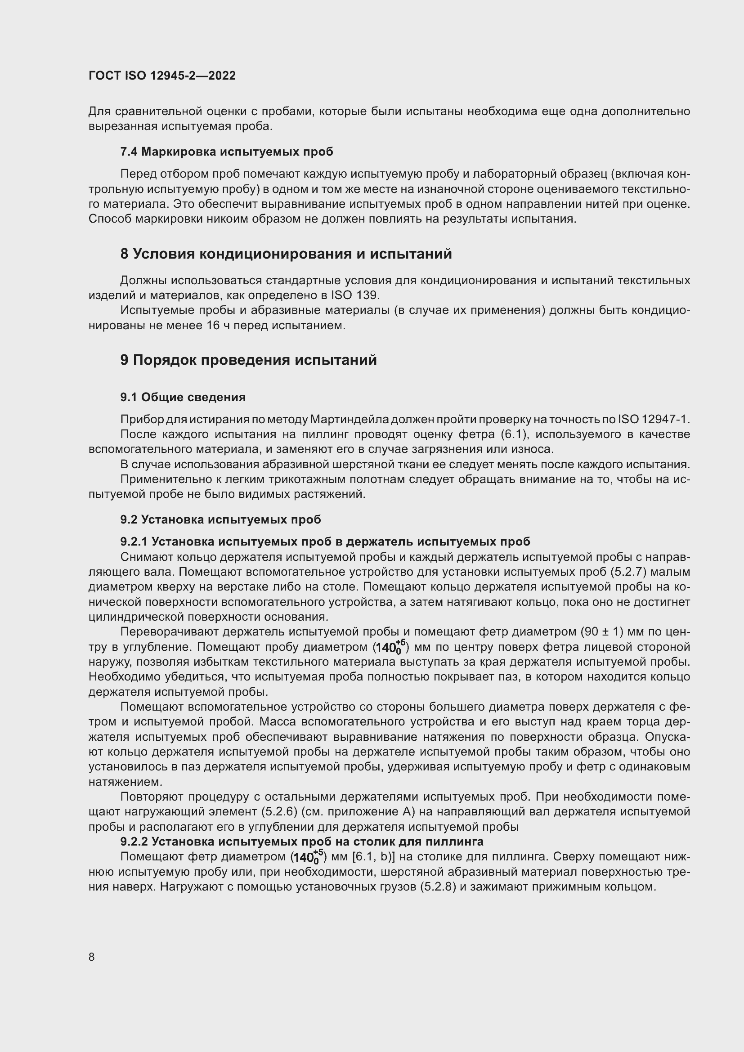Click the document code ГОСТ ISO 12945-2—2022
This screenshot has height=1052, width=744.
tap(162, 76)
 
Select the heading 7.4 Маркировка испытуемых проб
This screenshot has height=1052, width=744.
tap(227, 152)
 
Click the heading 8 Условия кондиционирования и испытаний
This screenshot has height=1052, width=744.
tap(286, 254)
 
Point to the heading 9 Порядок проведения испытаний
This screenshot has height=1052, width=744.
tap(248, 360)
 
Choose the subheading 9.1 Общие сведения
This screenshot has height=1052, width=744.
tap(183, 397)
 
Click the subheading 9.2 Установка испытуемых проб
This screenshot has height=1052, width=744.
tap(220, 519)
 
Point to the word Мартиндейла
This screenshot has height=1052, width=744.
tap(350, 419)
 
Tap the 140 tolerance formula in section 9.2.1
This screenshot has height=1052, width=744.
tap(390, 647)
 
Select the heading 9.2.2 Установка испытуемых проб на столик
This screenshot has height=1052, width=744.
tap(301, 842)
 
